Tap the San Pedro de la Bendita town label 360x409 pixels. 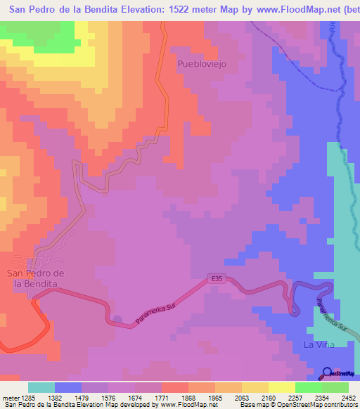pos(35,278)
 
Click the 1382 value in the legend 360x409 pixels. pos(68,398)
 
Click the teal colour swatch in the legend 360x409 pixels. pos(41,387)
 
